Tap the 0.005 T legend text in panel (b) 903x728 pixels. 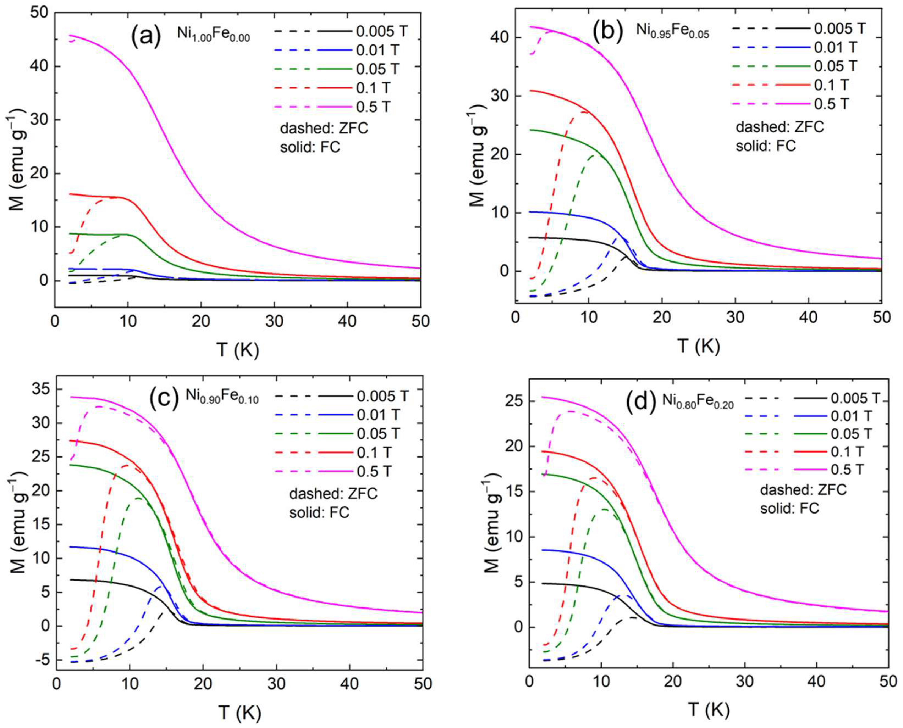[839, 29]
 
